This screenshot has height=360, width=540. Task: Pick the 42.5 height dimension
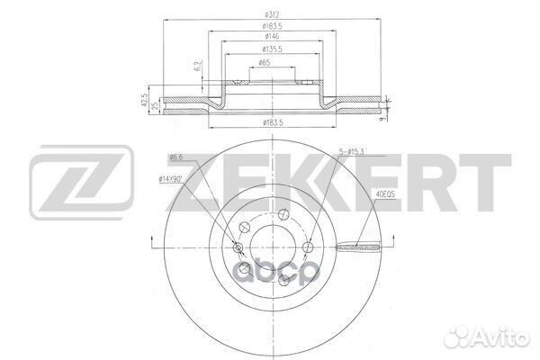point(145,97)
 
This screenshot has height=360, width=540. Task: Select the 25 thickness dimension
point(155,104)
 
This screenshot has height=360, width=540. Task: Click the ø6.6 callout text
point(175,157)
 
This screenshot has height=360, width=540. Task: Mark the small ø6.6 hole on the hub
point(239,247)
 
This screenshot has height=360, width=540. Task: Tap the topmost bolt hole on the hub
point(282,213)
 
